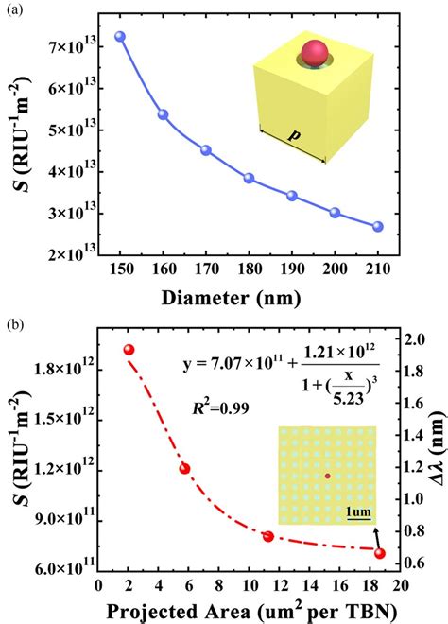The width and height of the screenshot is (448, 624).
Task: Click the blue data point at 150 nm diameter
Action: pos(119,37)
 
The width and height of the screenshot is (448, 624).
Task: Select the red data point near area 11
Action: pos(268,536)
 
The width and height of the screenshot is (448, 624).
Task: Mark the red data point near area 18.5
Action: pos(380,553)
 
